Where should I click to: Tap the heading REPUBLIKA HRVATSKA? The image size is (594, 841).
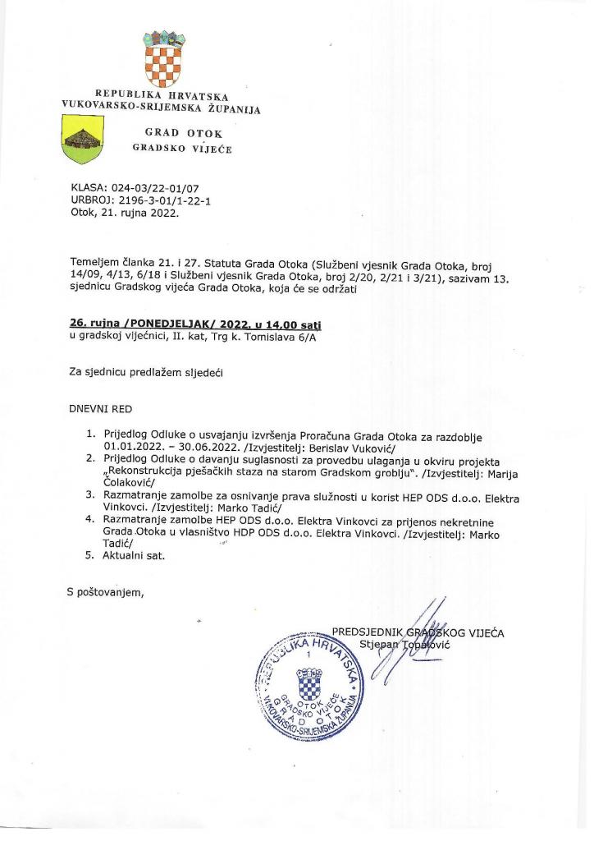pyautogui.click(x=162, y=95)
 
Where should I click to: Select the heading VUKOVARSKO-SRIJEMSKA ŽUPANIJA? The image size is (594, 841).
pyautogui.click(x=161, y=107)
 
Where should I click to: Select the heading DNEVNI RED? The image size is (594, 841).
pyautogui.click(x=100, y=408)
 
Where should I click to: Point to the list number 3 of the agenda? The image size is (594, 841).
pyautogui.click(x=90, y=495)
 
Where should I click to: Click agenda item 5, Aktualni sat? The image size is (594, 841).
pyautogui.click(x=135, y=555)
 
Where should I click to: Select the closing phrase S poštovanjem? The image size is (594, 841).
pyautogui.click(x=104, y=591)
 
